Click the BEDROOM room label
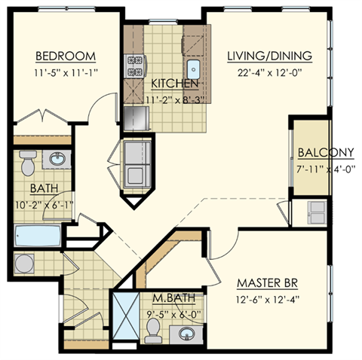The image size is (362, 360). [66, 56]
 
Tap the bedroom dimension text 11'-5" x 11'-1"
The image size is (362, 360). [66, 73]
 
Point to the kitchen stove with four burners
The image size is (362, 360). [136, 67]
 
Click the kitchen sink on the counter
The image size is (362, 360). [194, 69]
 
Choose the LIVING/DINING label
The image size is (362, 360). [269, 56]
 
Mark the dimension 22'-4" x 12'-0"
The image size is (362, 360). [269, 73]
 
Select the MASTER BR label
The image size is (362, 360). [269, 284]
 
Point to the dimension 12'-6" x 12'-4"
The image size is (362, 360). [269, 301]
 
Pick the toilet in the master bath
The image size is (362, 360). [154, 328]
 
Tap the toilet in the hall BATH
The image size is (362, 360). [27, 162]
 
